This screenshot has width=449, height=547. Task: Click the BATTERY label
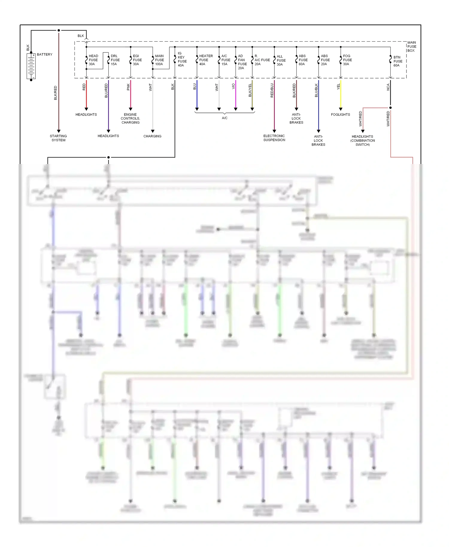tap(45, 54)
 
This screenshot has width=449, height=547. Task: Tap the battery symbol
tap(31, 66)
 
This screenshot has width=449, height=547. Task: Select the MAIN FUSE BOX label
tap(412, 47)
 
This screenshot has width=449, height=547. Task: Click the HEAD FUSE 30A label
tap(93, 60)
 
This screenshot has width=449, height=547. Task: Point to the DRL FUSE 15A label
tap(115, 60)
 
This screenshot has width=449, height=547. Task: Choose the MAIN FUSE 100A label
tap(159, 60)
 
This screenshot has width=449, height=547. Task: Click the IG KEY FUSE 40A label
tap(182, 59)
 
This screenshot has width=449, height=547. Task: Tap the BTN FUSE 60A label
tap(398, 61)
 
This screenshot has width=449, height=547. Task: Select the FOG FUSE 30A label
tap(347, 60)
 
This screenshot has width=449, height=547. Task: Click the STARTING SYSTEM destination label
tap(58, 138)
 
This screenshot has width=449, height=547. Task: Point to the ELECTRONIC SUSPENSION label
tap(274, 138)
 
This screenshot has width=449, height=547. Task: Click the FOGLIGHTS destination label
tap(340, 115)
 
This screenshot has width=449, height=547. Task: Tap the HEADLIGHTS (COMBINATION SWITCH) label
tap(362, 140)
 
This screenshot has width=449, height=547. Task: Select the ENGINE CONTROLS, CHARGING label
tap(130, 118)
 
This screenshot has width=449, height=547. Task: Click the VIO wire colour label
tap(233, 86)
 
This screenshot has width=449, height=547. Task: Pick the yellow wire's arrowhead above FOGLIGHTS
tap(341, 109)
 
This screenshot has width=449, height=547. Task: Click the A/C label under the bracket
tap(224, 118)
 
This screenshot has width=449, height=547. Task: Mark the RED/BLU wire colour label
tap(272, 90)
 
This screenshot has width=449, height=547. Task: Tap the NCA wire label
tap(388, 87)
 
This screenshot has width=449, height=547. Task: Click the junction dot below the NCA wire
tap(390, 108)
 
